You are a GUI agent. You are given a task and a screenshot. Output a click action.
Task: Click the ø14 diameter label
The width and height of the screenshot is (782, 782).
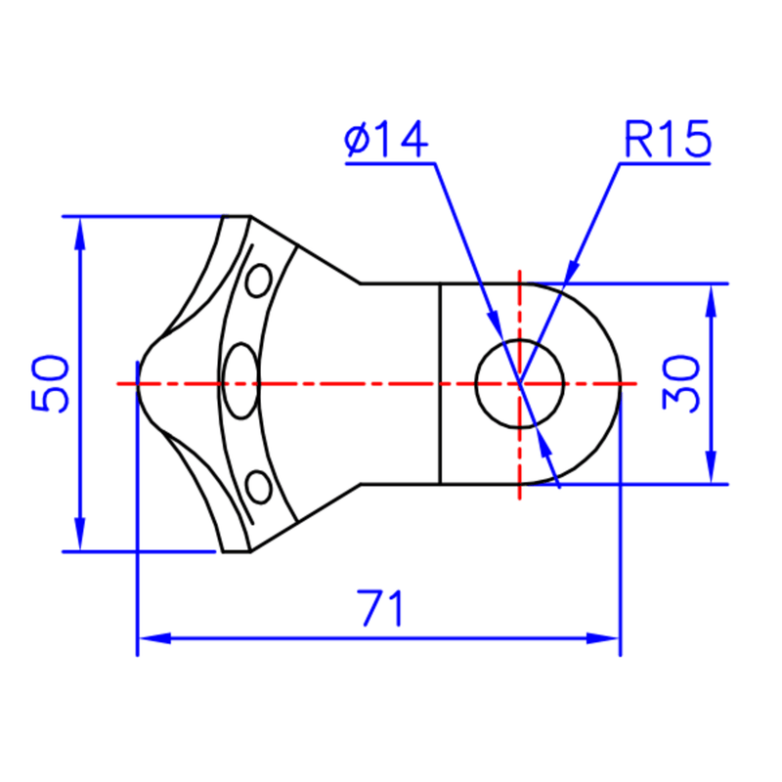386,139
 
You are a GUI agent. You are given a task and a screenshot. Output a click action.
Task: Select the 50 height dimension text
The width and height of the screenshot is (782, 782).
50,383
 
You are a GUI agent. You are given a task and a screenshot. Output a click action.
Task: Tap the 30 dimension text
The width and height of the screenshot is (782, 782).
681,383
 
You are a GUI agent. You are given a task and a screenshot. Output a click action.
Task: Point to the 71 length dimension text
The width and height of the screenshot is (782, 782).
380,608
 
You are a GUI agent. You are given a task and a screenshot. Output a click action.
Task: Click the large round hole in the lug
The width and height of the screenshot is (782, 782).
520,383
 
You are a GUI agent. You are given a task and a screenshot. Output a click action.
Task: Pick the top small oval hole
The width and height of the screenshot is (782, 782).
259,281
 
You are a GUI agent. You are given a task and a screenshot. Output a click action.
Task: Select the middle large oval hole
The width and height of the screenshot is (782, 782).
240,381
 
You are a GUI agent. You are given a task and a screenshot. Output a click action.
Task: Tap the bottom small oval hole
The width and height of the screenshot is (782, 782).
259,487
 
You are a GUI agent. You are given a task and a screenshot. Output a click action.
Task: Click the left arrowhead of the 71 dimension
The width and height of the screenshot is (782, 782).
155,638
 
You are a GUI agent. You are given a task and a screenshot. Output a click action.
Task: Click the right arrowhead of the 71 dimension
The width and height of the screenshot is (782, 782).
602,638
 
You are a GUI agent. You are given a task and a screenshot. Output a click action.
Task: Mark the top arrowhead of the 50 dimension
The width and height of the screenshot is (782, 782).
80,234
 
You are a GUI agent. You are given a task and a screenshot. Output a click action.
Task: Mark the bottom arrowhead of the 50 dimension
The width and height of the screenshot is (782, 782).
80,534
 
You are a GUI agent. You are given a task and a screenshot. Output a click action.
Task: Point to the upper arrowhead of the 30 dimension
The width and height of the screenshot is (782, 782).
712,301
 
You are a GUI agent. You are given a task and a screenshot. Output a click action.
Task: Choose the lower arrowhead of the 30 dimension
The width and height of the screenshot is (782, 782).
712,467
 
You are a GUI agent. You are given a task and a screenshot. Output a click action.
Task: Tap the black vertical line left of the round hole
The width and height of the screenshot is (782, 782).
440,383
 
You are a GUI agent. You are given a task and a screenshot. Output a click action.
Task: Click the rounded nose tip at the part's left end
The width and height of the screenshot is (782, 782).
138,383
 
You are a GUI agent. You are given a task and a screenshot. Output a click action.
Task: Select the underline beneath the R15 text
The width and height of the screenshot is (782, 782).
666,163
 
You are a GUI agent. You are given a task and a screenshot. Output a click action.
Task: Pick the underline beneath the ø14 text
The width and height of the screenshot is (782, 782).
390,163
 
